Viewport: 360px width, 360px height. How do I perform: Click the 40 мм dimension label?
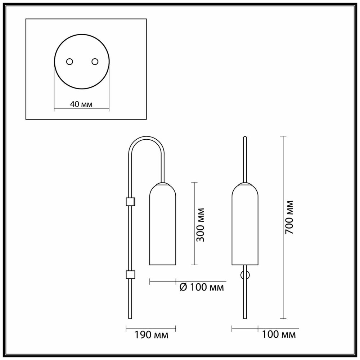click(x=81, y=104)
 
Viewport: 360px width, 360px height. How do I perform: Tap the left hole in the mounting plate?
click(x=69, y=62)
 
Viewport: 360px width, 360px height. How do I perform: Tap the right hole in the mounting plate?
click(x=95, y=62)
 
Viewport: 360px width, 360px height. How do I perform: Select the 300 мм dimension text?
click(x=201, y=225)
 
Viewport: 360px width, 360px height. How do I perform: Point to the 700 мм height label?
click(x=289, y=217)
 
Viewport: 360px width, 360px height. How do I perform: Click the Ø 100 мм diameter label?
click(x=202, y=287)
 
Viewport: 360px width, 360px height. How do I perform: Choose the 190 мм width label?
click(x=151, y=335)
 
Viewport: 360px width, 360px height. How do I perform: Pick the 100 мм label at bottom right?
click(x=279, y=334)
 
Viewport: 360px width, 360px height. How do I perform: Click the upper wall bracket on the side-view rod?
click(x=130, y=201)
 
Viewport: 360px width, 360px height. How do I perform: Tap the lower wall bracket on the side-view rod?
click(x=130, y=275)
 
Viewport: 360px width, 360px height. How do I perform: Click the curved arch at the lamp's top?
click(x=146, y=140)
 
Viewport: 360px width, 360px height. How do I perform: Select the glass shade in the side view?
click(x=163, y=224)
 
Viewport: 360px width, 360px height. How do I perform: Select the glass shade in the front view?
click(x=245, y=224)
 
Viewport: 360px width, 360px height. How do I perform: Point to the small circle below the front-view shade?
click(x=245, y=275)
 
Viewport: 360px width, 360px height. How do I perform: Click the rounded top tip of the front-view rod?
click(x=245, y=137)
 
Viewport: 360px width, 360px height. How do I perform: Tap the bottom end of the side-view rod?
click(x=130, y=318)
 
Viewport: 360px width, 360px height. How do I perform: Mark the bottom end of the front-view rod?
click(x=245, y=318)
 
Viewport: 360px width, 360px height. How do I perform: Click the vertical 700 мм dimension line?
click(x=283, y=227)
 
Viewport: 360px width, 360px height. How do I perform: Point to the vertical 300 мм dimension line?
click(x=194, y=224)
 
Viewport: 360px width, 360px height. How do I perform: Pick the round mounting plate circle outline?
click(x=82, y=35)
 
